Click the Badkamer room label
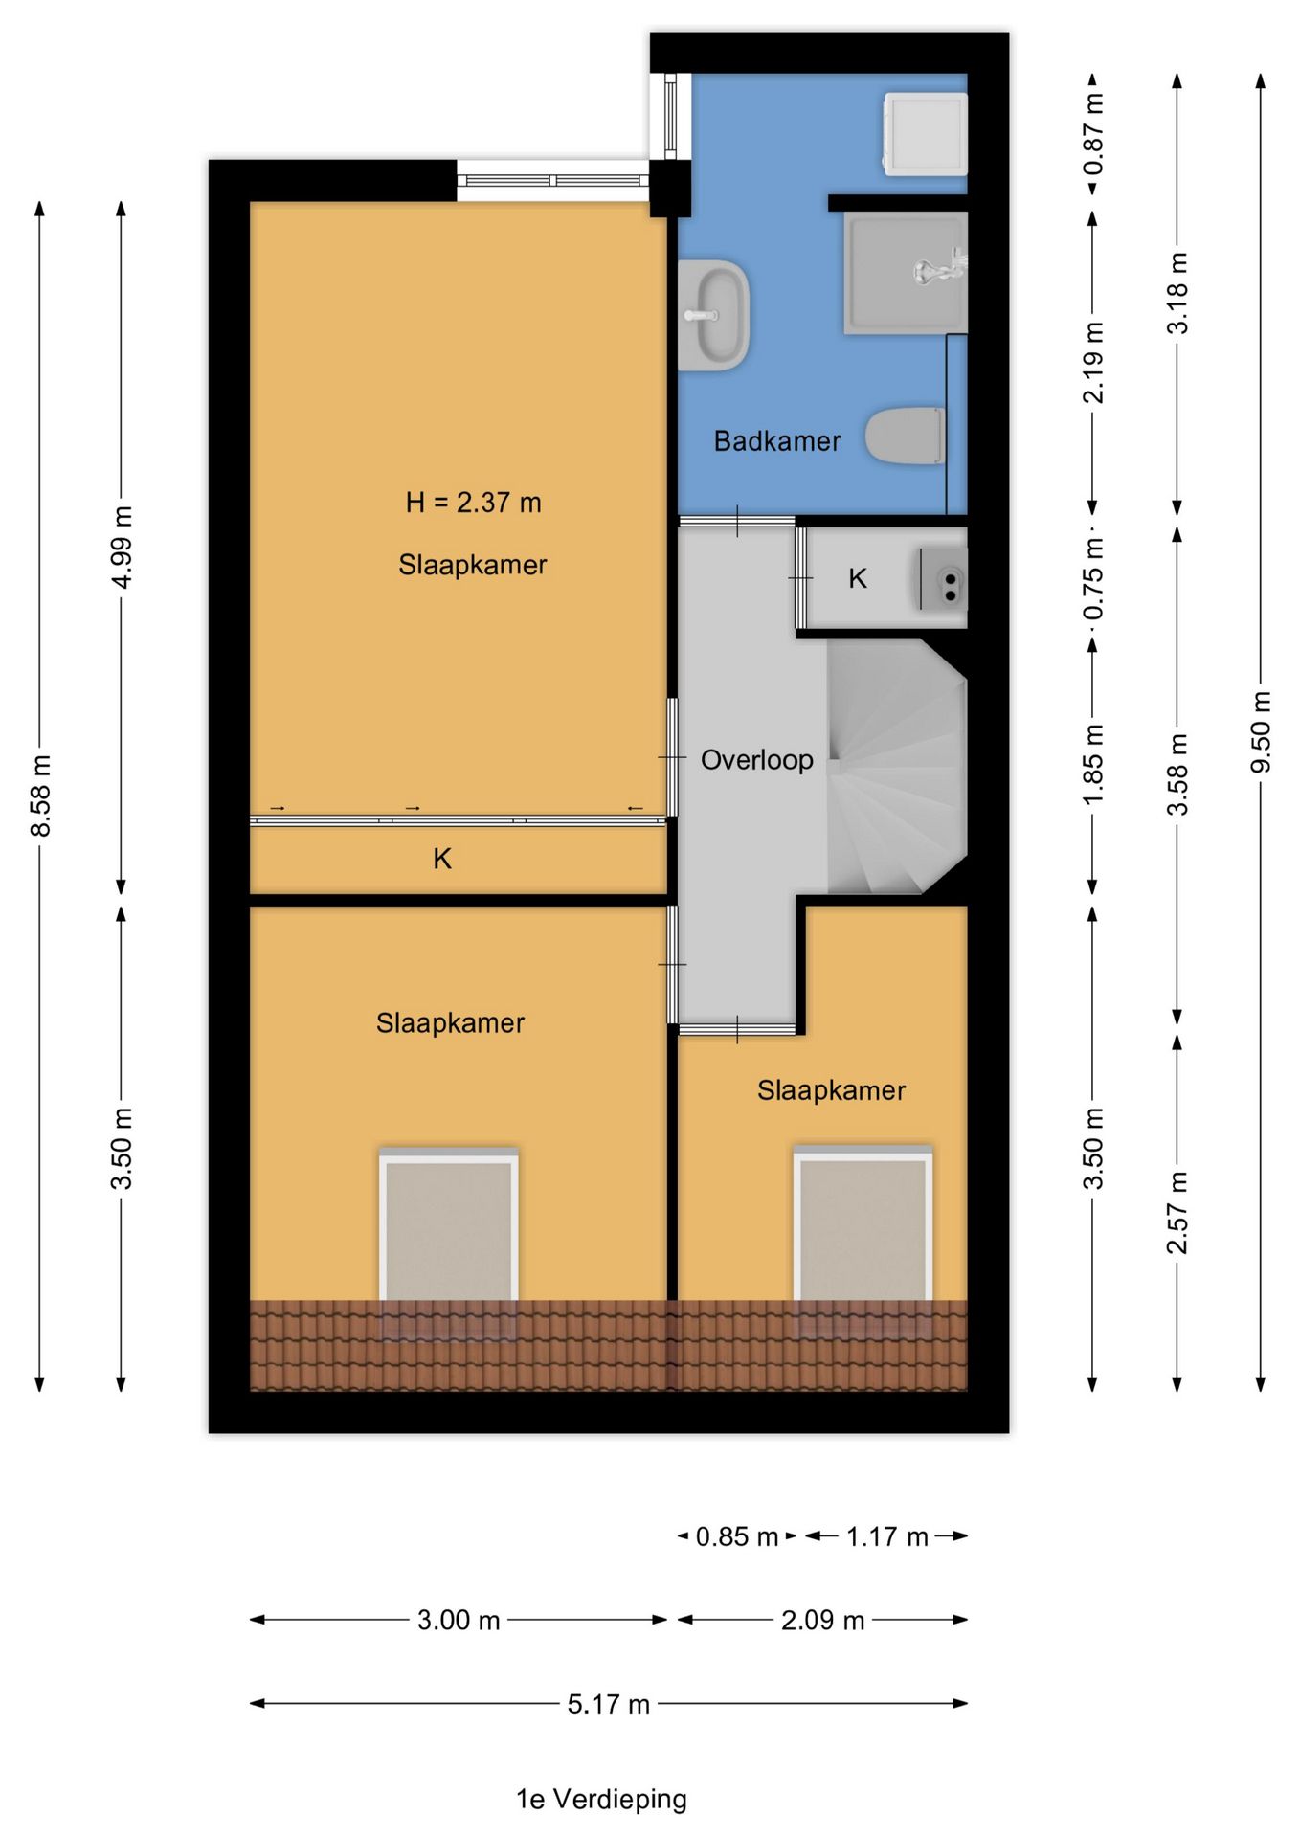click(776, 441)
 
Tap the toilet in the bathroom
click(906, 437)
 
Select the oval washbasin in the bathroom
click(713, 315)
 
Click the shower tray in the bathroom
click(905, 273)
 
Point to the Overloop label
click(756, 760)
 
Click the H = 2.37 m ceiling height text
click(473, 503)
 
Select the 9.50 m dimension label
click(1261, 733)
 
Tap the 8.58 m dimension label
click(40, 795)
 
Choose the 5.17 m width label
click(608, 1704)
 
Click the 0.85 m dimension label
click(736, 1536)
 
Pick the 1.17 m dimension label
click(886, 1536)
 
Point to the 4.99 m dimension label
click(122, 549)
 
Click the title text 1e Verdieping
click(601, 1800)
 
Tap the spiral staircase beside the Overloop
click(896, 767)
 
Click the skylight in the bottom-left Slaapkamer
click(449, 1235)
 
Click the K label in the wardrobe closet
click(442, 859)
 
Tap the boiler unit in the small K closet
click(943, 579)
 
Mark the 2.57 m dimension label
click(1177, 1212)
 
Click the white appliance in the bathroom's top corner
click(925, 134)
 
